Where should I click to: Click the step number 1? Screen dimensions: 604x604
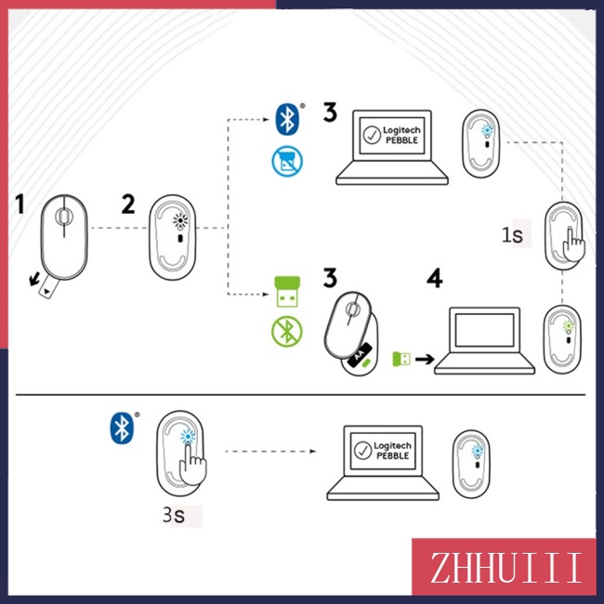(x=20, y=204)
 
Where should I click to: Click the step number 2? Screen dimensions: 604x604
(x=128, y=204)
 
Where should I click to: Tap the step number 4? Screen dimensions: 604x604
(x=435, y=278)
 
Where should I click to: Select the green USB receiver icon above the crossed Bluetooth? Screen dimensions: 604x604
(x=287, y=292)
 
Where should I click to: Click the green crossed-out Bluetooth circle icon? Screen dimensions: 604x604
(x=287, y=332)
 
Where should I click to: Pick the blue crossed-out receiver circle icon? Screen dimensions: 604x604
(x=287, y=161)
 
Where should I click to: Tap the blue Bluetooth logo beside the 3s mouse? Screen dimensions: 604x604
(x=122, y=427)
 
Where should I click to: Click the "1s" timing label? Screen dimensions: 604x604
(x=512, y=234)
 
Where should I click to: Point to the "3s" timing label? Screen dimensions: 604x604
(x=174, y=515)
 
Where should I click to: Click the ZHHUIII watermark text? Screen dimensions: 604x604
(x=506, y=568)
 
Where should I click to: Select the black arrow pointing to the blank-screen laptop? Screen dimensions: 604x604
(x=425, y=360)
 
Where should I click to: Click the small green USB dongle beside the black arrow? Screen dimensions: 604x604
(x=401, y=359)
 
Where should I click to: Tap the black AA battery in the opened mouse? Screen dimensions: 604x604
(x=360, y=355)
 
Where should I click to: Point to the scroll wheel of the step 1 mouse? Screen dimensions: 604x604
(x=63, y=216)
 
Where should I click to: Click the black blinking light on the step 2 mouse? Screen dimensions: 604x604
(x=180, y=221)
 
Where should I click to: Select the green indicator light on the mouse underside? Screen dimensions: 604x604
(x=568, y=326)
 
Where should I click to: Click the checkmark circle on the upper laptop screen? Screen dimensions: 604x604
(x=372, y=136)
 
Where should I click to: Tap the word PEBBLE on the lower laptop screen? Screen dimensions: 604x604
(x=392, y=455)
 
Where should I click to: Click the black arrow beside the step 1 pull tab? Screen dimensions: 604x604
(x=34, y=278)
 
